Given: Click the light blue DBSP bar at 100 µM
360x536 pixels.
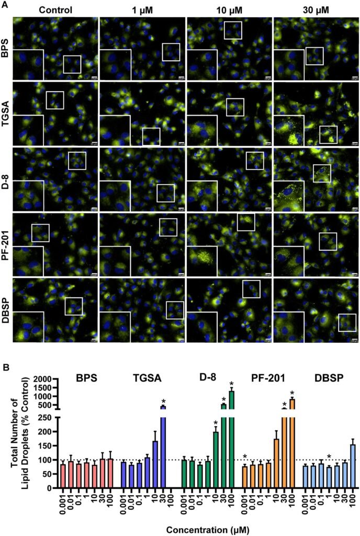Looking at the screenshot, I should tap(353, 466).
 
